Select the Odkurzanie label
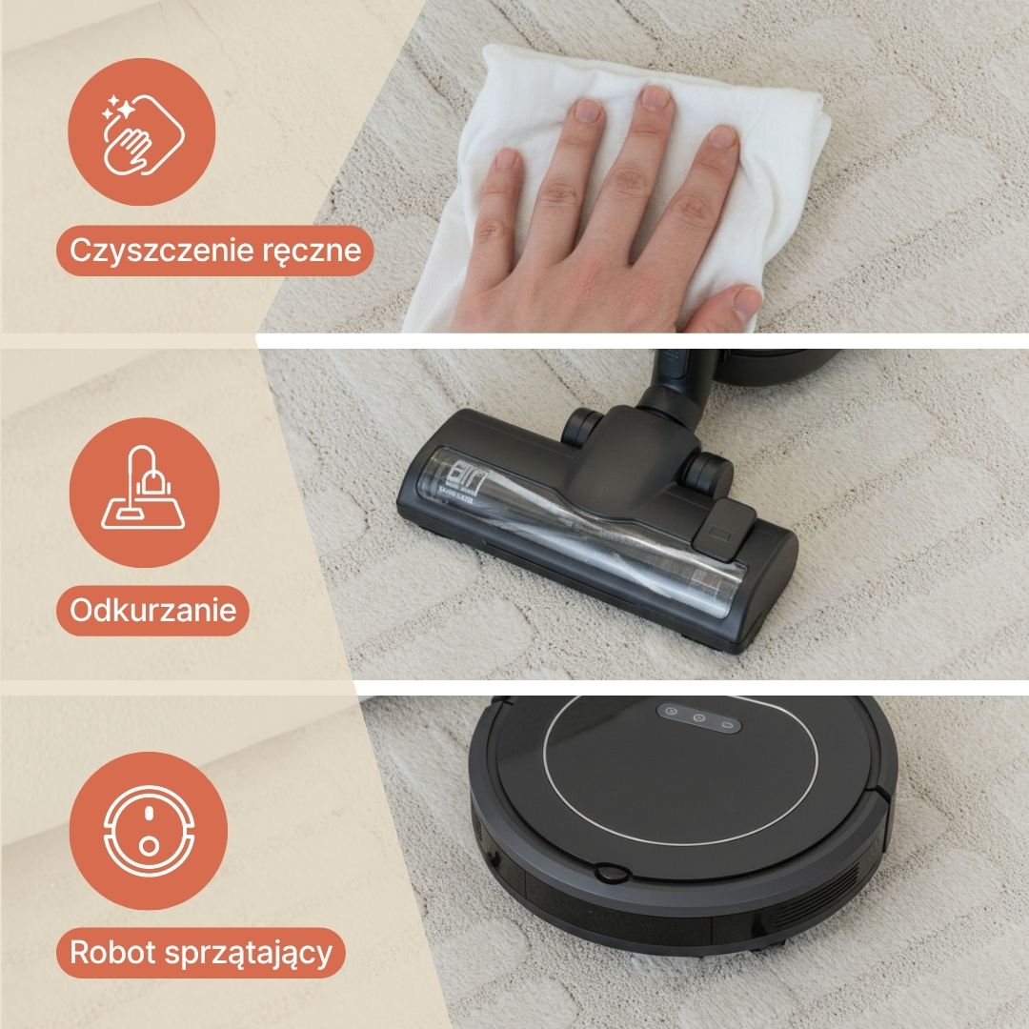pos(152,611)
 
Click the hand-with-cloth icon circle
pos(142,131)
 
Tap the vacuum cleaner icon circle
pos(145,493)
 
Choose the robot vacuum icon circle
pos(149,831)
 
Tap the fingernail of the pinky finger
pos(506,159)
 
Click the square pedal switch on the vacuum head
pos(724,529)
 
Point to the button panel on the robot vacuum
pos(699,717)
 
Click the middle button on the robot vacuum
pos(698,718)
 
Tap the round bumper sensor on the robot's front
pos(611,874)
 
